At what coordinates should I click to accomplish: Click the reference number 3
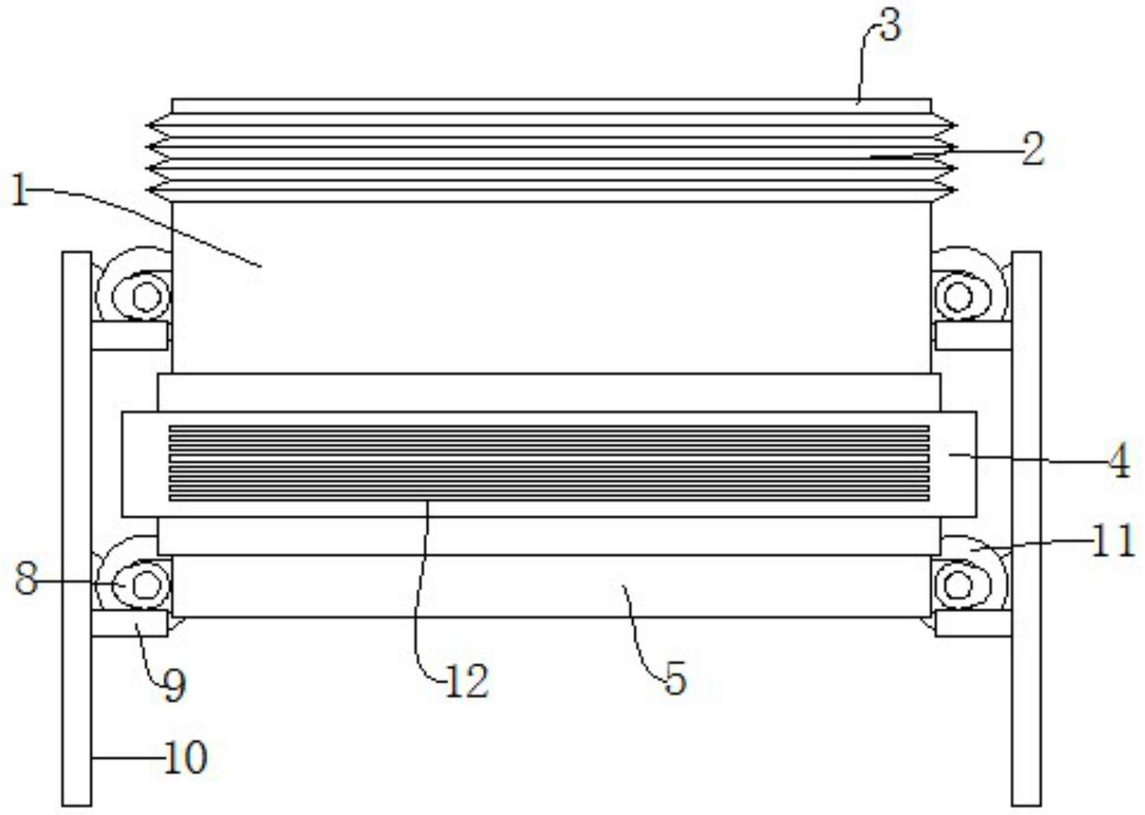tap(890, 27)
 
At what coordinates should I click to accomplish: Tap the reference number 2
tap(1033, 150)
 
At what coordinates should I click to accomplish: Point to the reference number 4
tap(1119, 462)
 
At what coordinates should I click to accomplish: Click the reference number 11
tap(1112, 542)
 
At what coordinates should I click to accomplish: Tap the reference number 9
tap(174, 685)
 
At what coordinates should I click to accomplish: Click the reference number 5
tap(675, 680)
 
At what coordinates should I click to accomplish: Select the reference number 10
tap(185, 758)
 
